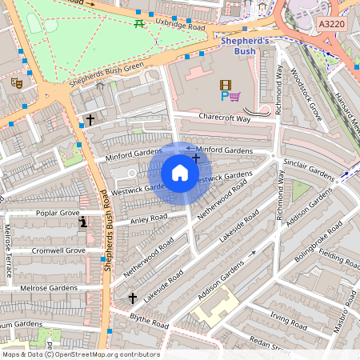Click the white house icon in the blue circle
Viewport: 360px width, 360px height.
click(180, 173)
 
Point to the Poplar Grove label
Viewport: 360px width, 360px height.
click(58, 214)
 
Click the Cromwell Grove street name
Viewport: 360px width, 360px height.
click(58, 250)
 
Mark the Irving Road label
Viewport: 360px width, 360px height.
click(289, 322)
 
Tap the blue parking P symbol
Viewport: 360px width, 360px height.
click(223, 97)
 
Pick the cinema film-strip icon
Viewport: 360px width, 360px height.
click(225, 84)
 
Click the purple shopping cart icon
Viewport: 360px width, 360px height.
click(235, 97)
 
